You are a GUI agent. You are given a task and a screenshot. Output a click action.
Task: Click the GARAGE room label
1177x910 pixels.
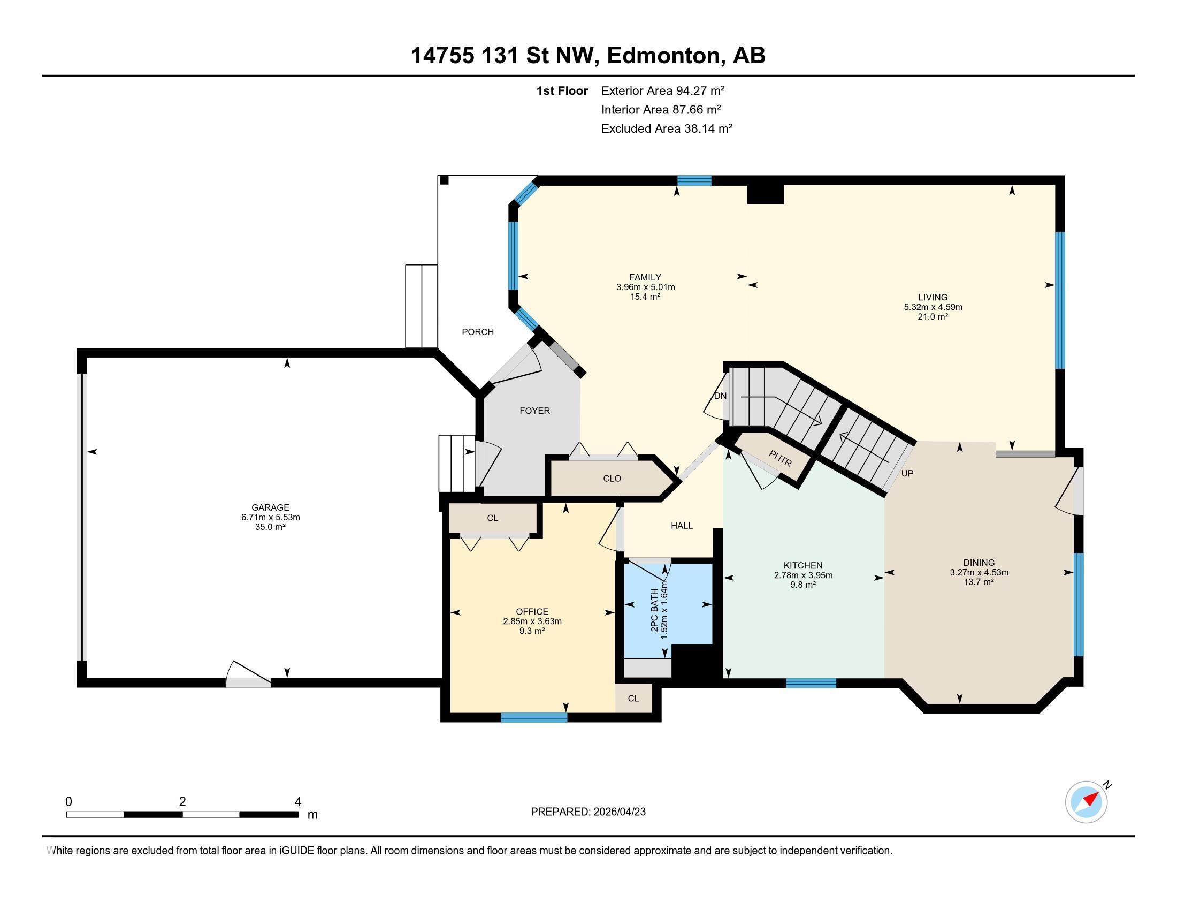click(x=270, y=507)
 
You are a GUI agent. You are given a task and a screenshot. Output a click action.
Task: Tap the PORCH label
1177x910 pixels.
click(x=477, y=332)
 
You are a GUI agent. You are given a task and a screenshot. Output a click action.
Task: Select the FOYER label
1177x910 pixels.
click(x=534, y=411)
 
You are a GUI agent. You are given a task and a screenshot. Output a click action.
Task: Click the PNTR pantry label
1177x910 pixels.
click(x=781, y=458)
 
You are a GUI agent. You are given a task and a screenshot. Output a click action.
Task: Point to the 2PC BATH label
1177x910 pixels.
click(x=654, y=610)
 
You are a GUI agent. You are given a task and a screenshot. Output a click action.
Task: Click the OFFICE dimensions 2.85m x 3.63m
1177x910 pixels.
click(x=532, y=621)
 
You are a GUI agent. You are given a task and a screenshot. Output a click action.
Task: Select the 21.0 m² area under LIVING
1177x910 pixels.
click(x=933, y=317)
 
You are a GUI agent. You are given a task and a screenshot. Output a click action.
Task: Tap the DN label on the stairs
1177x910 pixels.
click(x=720, y=396)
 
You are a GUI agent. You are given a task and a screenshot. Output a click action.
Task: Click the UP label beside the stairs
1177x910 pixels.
click(x=907, y=473)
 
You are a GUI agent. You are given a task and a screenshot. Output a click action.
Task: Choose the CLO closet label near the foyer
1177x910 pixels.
click(x=612, y=478)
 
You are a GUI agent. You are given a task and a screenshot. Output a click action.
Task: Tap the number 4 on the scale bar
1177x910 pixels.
click(x=298, y=802)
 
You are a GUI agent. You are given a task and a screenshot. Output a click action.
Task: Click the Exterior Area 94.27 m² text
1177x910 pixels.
click(x=663, y=90)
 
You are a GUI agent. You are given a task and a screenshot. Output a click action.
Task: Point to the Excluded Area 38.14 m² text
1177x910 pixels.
click(x=667, y=128)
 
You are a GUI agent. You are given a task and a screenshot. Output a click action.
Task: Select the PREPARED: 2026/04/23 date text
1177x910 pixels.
click(x=588, y=812)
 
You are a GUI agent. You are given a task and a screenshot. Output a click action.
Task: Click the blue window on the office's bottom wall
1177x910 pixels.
click(x=534, y=717)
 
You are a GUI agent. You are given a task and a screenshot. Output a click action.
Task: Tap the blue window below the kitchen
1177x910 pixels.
click(x=811, y=683)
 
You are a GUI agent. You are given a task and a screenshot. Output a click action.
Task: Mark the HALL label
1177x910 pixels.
click(x=682, y=526)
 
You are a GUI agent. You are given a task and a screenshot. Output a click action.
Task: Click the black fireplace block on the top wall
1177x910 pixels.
click(x=765, y=194)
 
